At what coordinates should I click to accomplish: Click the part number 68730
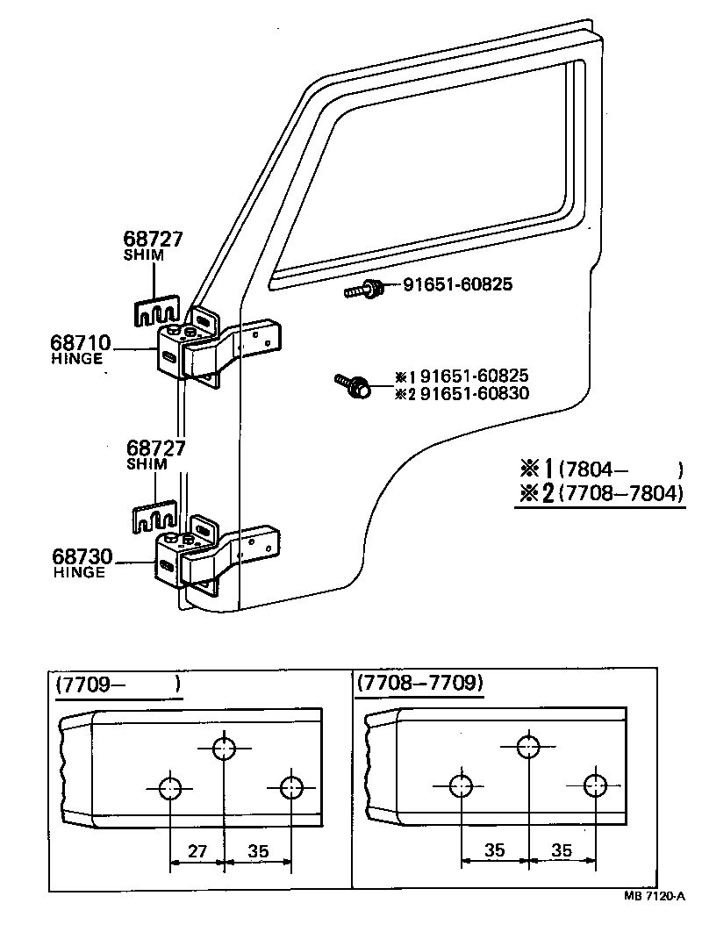(82, 556)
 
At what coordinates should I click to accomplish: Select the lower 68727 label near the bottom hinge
(155, 448)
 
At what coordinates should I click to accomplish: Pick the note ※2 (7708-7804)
(598, 493)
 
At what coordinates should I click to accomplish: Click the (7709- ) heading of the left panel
(118, 685)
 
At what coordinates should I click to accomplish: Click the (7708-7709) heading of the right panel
(419, 683)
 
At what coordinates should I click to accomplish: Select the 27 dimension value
(197, 849)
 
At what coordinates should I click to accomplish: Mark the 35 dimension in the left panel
(258, 849)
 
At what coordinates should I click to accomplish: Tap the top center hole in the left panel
(225, 748)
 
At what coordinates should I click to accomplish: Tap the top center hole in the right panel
(527, 746)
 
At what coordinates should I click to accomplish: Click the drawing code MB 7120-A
(654, 896)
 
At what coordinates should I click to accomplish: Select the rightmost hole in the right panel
(595, 785)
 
